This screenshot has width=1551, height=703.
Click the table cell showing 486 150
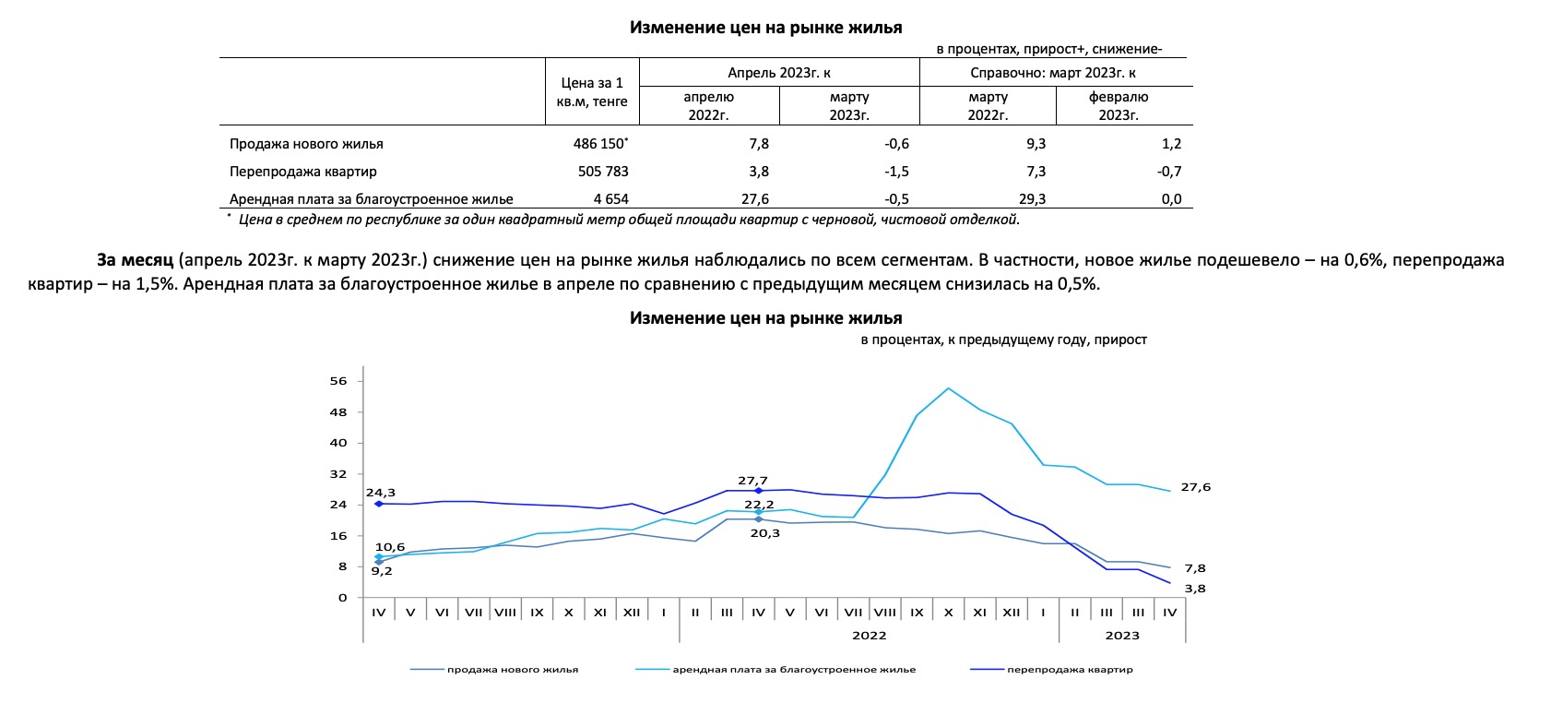599,143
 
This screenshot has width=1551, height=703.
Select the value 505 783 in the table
603,171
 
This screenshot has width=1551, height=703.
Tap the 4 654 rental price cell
610,198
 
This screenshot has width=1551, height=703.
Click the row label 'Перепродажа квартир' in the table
303,171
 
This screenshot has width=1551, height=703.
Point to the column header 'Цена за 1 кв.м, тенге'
592,92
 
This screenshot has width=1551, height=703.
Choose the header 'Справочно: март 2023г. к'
1052,73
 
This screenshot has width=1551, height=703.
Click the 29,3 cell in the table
1032,198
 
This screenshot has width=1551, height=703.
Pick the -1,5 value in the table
896,171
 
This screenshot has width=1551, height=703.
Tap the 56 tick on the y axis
337,381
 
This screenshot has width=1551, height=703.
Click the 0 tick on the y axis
342,597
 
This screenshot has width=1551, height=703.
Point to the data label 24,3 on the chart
381,493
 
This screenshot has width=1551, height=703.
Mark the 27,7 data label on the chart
752,480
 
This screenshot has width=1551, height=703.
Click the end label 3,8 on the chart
1195,589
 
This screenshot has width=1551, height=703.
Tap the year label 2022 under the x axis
869,635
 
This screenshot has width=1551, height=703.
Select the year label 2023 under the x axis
1122,635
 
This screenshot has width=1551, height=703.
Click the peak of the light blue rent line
948,387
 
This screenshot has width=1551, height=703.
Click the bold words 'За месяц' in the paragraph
135,260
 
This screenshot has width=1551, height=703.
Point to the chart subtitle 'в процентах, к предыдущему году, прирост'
1004,340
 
